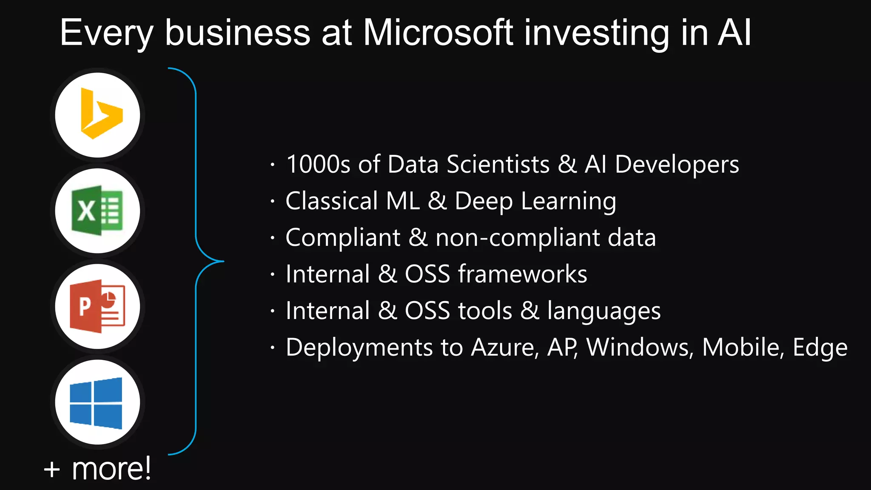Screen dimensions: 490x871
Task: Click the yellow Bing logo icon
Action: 100,114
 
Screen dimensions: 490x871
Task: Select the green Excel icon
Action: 97,211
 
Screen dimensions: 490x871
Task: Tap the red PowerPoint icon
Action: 98,306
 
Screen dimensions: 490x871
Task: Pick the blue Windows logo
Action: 97,402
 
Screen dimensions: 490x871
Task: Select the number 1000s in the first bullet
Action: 318,164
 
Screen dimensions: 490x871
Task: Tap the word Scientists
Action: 498,164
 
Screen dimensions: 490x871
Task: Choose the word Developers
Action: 677,165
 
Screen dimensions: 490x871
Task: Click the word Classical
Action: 331,201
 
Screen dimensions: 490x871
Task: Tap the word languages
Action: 604,311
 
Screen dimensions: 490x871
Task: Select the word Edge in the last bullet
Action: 820,348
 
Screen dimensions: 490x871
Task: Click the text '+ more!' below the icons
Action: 97,468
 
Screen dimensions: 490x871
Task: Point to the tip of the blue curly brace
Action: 223,261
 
